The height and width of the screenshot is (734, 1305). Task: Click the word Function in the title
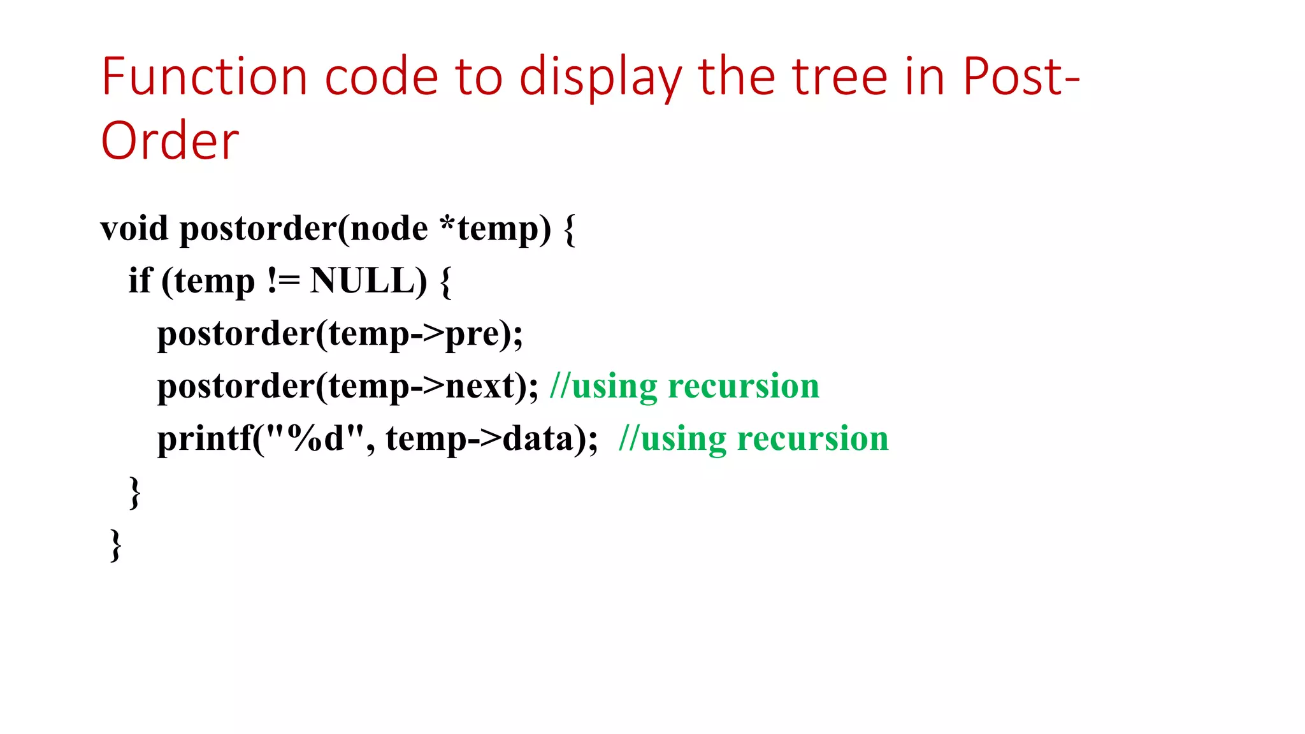tap(205, 77)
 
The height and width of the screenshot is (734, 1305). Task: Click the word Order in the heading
tap(170, 141)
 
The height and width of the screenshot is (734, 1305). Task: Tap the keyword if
tap(140, 280)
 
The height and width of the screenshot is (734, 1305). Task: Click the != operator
tap(283, 280)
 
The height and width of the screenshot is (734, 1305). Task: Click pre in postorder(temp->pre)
tap(472, 335)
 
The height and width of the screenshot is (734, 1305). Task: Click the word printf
tap(205, 438)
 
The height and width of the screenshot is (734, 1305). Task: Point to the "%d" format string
tap(315, 438)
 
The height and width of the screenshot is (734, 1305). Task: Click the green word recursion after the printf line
tap(812, 438)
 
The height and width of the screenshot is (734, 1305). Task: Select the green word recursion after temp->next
tap(743, 386)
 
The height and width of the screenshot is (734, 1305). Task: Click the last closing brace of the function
tap(115, 545)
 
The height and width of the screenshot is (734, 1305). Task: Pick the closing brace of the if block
tap(134, 492)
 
